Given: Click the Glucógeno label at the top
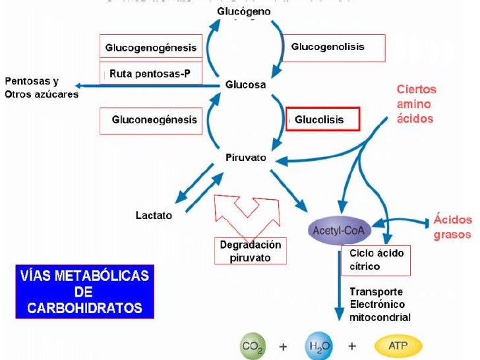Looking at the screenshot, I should [x=244, y=12].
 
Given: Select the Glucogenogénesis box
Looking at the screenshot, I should [x=151, y=48].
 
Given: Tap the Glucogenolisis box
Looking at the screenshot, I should [x=327, y=47].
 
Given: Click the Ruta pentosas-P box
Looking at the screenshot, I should [x=151, y=73].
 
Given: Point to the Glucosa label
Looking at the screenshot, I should [x=245, y=84].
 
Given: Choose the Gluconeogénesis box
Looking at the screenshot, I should [x=151, y=121].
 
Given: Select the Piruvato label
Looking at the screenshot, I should [x=245, y=158].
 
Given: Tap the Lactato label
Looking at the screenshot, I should [x=154, y=215].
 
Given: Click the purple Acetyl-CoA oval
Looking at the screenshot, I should [x=340, y=231].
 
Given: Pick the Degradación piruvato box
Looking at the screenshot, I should [x=250, y=251].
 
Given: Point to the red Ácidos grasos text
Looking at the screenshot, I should [x=452, y=227].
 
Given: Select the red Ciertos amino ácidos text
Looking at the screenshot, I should [x=416, y=104].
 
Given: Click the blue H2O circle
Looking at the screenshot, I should [x=318, y=345].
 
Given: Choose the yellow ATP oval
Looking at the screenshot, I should [x=398, y=345].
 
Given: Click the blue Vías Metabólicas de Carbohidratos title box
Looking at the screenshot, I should [x=84, y=291].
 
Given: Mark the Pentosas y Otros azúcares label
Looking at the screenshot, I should [x=41, y=88].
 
